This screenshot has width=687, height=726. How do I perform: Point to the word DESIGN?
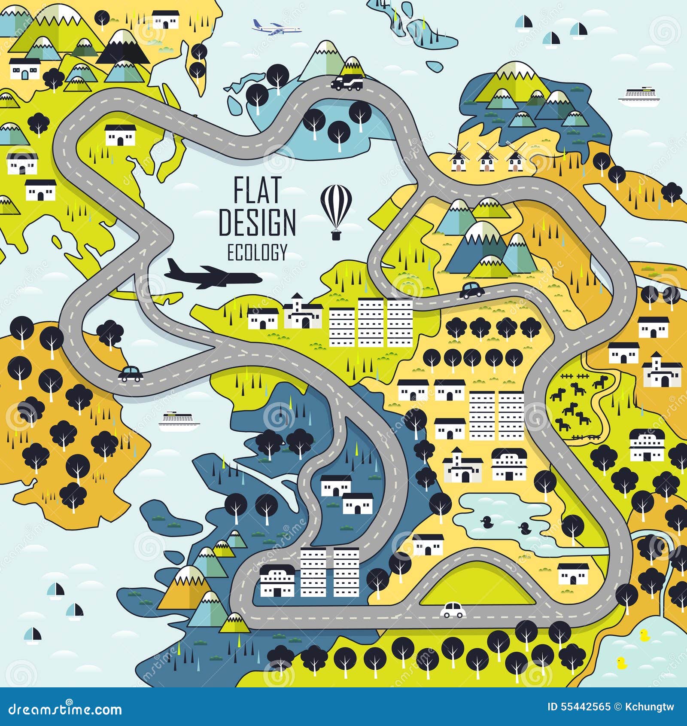(257, 222)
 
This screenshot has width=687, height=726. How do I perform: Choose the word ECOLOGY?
(257, 253)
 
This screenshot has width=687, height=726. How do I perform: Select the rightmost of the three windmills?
(514, 157)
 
